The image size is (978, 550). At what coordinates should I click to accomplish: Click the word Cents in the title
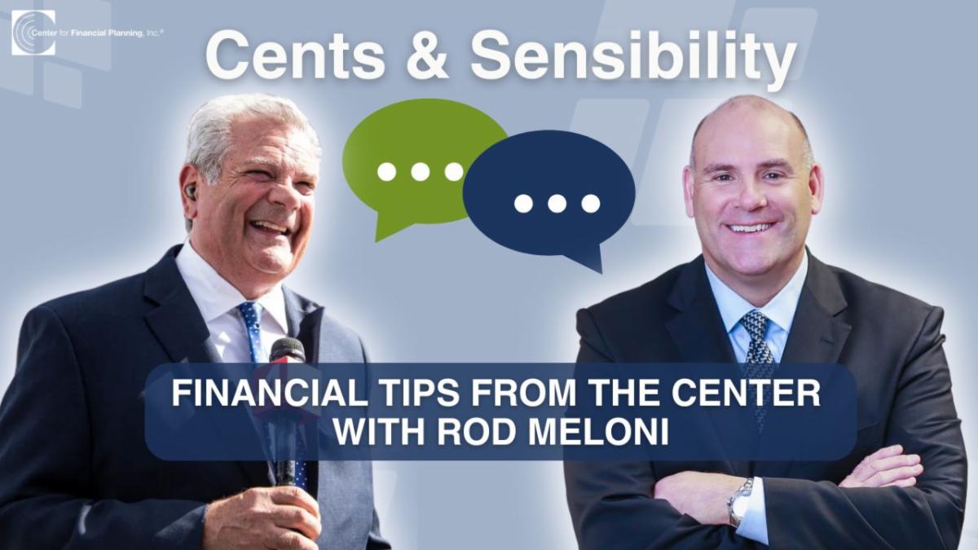coord(295,57)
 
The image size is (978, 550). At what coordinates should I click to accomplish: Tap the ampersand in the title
coord(427,57)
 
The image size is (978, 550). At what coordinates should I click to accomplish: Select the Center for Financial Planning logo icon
coord(33,33)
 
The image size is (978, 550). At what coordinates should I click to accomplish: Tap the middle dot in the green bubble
coord(420,172)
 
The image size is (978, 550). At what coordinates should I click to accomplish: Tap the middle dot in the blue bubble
coord(557,204)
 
